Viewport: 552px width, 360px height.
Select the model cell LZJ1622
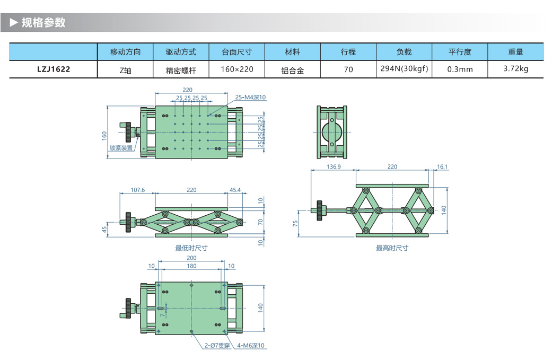[54, 69]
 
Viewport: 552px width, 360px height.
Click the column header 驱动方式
[181, 52]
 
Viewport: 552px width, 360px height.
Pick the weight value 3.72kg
[515, 69]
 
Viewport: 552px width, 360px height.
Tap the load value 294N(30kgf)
[404, 68]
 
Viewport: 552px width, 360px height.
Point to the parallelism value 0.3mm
[460, 69]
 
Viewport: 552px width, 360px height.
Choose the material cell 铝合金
[292, 69]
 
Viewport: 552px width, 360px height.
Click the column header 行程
[348, 52]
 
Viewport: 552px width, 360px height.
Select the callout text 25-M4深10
[250, 98]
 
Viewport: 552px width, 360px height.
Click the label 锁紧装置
[121, 148]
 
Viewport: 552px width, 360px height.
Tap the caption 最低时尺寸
[191, 248]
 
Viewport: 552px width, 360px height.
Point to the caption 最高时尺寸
[392, 248]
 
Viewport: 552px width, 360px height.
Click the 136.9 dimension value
[333, 167]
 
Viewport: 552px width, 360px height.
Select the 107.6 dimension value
[137, 190]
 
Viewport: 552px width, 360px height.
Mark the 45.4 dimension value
[235, 190]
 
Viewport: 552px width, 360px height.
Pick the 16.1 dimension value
[442, 167]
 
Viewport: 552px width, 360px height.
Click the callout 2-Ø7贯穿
[217, 346]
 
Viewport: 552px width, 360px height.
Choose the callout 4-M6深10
[250, 346]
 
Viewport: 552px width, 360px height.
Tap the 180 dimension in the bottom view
[191, 266]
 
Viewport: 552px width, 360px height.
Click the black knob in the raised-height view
[320, 210]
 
